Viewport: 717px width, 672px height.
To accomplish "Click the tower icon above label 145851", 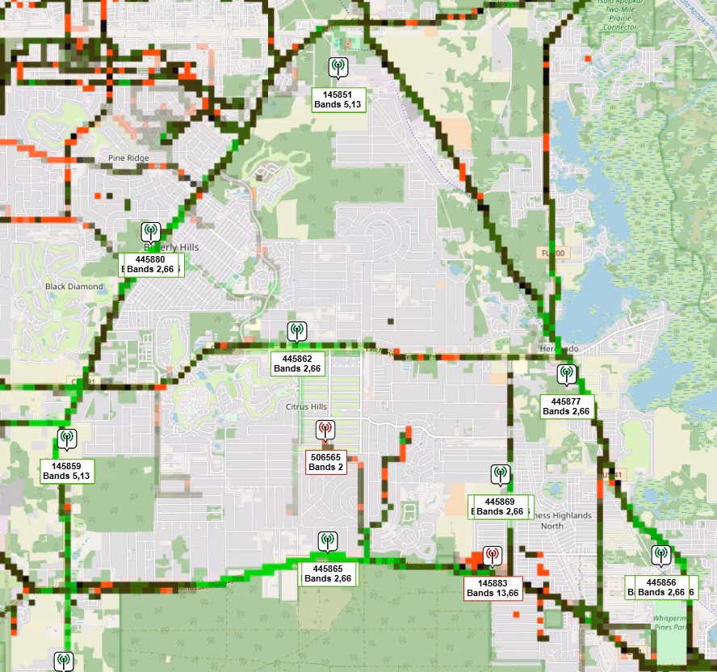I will click(338, 68).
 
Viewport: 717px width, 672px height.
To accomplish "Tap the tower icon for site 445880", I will click(150, 233).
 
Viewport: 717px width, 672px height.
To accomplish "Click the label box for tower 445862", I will click(297, 363).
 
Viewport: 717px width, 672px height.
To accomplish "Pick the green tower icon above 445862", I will click(297, 331).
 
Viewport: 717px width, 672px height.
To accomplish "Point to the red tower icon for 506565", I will click(325, 430).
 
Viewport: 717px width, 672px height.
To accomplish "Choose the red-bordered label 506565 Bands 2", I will click(326, 462).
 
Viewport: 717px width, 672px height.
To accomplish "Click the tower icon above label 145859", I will click(67, 439).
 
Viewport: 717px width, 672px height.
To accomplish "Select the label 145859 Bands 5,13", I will click(68, 471).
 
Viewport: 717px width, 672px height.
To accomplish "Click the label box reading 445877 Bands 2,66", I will click(566, 406).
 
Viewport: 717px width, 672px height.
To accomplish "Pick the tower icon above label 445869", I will click(500, 475).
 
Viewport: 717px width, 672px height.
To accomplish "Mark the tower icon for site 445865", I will click(327, 541).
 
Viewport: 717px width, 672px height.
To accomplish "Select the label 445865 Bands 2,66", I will click(328, 573).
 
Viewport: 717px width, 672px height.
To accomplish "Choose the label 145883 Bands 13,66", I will click(493, 588).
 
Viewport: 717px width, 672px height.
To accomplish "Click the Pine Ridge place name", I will click(128, 158).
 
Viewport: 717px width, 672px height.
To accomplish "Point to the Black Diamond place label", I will click(74, 287).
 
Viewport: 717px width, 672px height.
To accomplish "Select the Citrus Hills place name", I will click(304, 406).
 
